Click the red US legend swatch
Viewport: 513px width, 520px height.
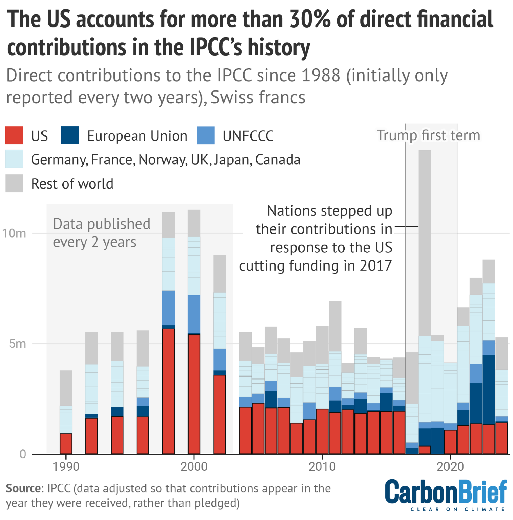tap(14, 135)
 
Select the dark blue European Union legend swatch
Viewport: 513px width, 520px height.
tap(70, 135)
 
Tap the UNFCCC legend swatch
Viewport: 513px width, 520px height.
tap(205, 135)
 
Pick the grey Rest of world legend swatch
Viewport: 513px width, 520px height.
tap(14, 183)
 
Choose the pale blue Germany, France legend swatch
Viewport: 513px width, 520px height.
tap(14, 159)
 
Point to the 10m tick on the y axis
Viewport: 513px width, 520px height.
tap(14, 233)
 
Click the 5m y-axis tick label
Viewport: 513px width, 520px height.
tap(17, 344)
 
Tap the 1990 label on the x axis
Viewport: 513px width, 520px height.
tap(66, 466)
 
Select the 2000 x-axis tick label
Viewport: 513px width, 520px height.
tap(194, 466)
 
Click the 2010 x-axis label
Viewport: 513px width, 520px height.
tap(322, 466)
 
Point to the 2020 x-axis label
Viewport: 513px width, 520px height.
tap(450, 466)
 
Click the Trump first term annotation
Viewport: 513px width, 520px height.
tap(428, 135)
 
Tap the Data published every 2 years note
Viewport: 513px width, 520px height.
tap(101, 233)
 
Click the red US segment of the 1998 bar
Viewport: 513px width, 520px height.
tap(168, 390)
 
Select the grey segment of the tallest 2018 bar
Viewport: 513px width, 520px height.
tap(425, 242)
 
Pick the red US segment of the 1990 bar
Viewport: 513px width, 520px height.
tap(66, 443)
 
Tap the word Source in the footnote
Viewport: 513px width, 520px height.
tap(23, 488)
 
